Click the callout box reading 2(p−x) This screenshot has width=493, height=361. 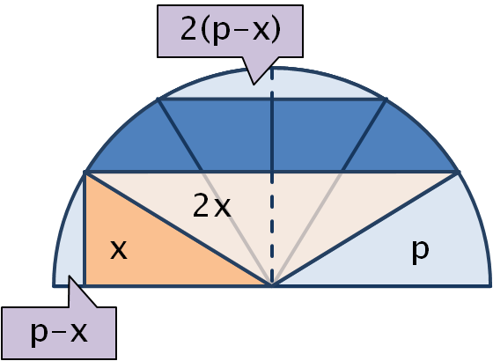(x=230, y=31)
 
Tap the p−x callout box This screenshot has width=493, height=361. (x=59, y=333)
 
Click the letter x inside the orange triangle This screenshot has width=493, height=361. (x=119, y=250)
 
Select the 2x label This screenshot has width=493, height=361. (x=212, y=206)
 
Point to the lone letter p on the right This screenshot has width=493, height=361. (x=421, y=252)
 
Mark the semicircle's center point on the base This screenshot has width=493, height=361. (x=272, y=285)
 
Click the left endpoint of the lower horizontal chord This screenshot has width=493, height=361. (x=85, y=173)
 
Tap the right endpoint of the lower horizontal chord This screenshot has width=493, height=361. (x=458, y=173)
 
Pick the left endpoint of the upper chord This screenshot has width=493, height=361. (x=158, y=99)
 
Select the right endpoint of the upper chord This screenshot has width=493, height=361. (x=386, y=99)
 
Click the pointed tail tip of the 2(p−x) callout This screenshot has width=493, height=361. (x=254, y=85)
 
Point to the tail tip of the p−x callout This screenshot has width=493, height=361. (x=70, y=276)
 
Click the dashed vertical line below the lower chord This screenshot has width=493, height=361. (x=272, y=229)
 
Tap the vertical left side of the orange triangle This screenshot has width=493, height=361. (x=85, y=229)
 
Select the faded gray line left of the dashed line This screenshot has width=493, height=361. (x=237, y=229)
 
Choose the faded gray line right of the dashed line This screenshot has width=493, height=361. (x=307, y=229)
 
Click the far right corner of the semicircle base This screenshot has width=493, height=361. (x=490, y=286)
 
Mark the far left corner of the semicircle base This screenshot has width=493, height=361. (x=53, y=286)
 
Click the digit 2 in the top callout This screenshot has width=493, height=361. (x=188, y=28)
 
